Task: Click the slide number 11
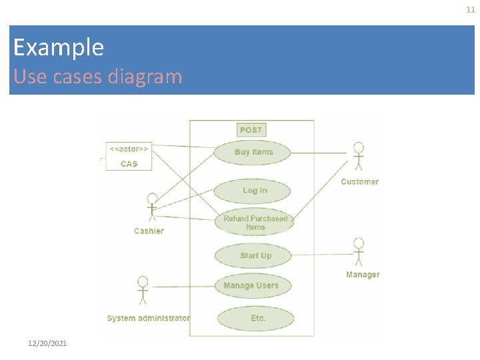(471, 10)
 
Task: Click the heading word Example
(59, 47)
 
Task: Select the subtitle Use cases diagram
(97, 77)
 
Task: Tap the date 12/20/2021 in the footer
(47, 343)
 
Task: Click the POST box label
(251, 130)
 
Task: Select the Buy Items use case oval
(253, 152)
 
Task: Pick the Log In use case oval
(253, 191)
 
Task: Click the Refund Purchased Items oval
(255, 223)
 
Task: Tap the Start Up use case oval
(255, 256)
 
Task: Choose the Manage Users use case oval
(251, 286)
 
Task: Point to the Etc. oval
(257, 319)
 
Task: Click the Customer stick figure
(359, 156)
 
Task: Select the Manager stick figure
(359, 251)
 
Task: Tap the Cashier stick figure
(152, 207)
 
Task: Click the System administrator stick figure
(142, 291)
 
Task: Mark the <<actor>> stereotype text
(129, 148)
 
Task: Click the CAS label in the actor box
(129, 164)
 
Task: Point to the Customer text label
(359, 181)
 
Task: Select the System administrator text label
(148, 319)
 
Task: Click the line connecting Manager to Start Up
(320, 254)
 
